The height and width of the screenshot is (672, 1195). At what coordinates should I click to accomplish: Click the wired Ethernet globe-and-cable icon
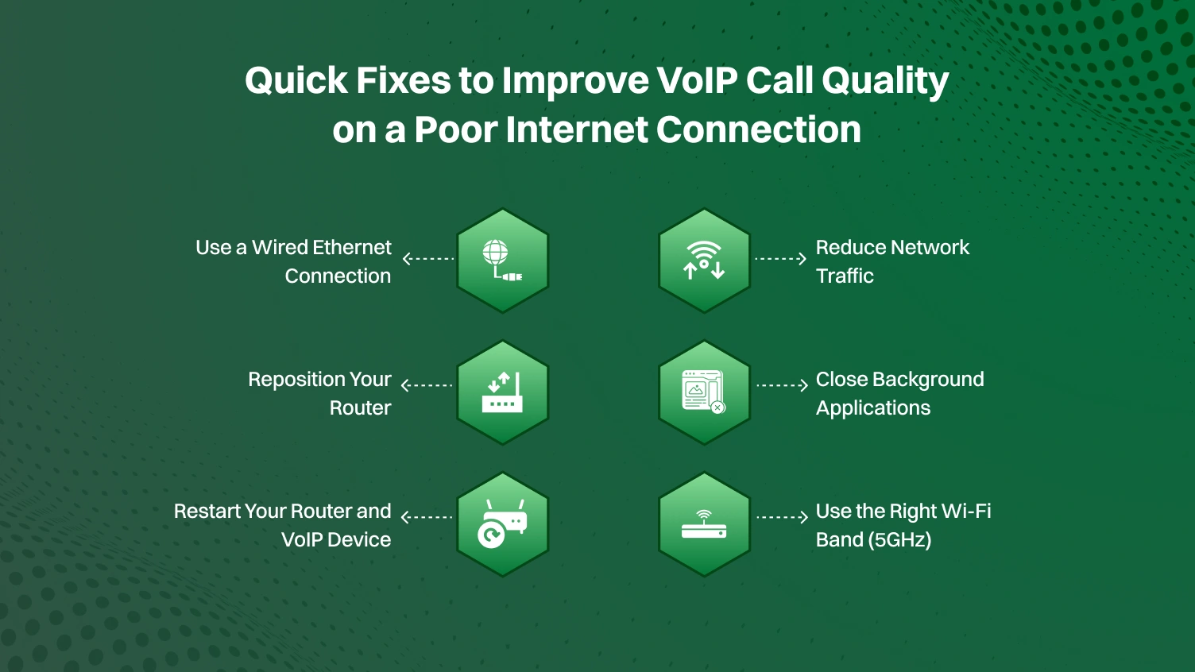[502, 260]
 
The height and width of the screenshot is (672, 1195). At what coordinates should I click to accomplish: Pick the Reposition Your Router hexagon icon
[502, 392]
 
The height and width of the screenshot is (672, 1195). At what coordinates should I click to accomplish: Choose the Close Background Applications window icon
[704, 392]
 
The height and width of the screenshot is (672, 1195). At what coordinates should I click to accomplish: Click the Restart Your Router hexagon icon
[502, 523]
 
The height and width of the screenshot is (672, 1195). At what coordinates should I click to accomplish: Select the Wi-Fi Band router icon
[704, 523]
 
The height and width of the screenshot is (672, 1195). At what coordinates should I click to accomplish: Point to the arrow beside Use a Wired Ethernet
[428, 258]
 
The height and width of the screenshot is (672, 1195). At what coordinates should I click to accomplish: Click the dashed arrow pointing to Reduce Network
[780, 258]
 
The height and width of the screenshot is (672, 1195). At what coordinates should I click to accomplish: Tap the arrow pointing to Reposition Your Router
[427, 385]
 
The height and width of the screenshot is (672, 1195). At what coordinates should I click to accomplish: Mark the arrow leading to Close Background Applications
[782, 385]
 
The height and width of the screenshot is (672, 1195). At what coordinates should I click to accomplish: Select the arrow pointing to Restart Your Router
[427, 517]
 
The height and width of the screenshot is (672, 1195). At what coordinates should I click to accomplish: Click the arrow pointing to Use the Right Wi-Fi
[782, 517]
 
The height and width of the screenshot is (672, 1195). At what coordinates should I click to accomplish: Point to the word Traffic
[845, 276]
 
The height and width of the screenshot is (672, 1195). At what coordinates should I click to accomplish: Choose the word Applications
[873, 408]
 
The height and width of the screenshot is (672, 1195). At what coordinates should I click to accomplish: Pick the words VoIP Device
[336, 540]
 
